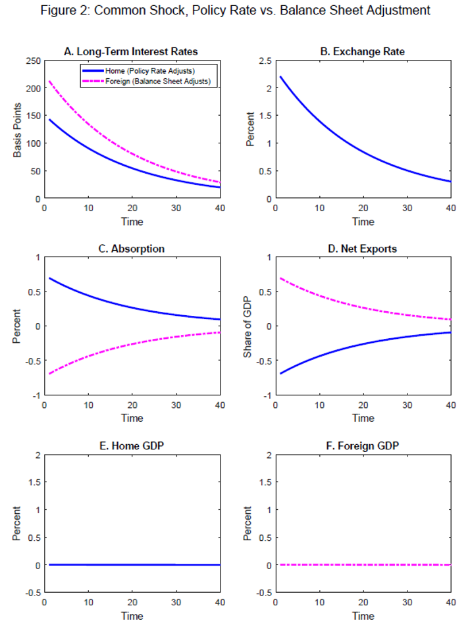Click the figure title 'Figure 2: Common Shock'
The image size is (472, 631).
(x=235, y=11)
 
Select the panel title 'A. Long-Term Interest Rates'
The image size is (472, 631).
(x=131, y=51)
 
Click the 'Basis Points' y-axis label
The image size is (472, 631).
(x=18, y=129)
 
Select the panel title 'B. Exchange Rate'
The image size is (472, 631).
(x=363, y=51)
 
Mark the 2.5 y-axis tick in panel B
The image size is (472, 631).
(x=266, y=61)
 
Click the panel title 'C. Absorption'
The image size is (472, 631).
(x=132, y=249)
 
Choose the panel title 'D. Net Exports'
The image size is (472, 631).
(x=363, y=249)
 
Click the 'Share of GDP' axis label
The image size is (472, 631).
(x=248, y=326)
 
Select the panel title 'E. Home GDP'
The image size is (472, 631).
(x=132, y=446)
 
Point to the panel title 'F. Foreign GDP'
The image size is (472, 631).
(x=363, y=446)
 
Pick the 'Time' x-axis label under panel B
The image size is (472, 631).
(x=363, y=222)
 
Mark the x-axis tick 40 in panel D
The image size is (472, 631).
(x=451, y=405)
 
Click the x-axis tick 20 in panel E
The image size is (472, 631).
(x=132, y=603)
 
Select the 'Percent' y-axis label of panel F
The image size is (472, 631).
(x=248, y=524)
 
